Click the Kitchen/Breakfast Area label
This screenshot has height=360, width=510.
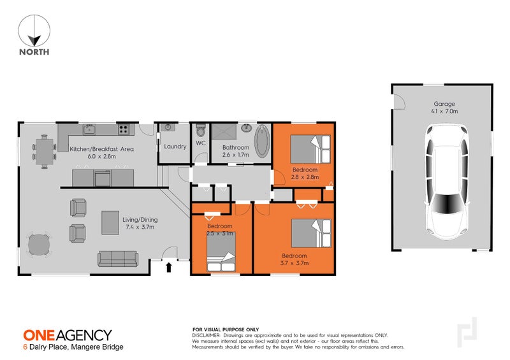[101, 152]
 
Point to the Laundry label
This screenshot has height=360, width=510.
[175, 147]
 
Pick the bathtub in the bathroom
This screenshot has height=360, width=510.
[262, 141]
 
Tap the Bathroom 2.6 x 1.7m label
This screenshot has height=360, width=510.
[235, 151]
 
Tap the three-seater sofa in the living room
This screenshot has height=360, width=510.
[118, 259]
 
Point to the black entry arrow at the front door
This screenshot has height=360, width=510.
[169, 268]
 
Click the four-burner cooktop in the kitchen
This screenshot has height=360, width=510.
[124, 129]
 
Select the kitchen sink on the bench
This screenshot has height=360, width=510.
[90, 129]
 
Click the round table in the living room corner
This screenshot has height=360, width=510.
[40, 245]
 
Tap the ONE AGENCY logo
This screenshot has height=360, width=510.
[67, 335]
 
